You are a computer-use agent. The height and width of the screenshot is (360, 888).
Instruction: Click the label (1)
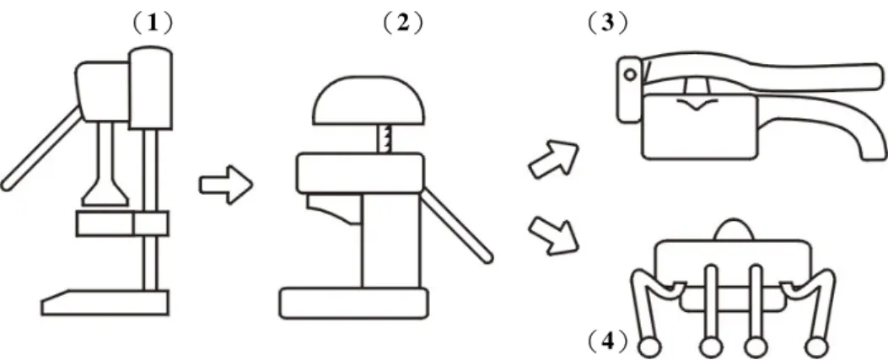coord(152,24)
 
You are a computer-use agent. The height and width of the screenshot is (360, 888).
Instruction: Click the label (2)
coord(402,24)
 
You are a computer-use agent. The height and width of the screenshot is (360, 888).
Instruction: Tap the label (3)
coord(608,24)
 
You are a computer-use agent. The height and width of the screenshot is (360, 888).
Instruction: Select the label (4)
coord(608,341)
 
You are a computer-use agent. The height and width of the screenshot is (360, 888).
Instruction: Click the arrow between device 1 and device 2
coord(225,185)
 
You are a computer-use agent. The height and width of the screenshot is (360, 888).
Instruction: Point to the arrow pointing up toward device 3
coord(554,160)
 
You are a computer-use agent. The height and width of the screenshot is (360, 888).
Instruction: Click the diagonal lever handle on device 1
coord(41,148)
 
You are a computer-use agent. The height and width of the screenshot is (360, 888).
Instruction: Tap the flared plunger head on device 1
coord(105,193)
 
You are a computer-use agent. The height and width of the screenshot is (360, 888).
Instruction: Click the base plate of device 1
coord(105,303)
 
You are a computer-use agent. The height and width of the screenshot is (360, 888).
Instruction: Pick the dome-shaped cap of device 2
coord(369,101)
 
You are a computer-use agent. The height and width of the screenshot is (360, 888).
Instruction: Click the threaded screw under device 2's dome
coord(385,139)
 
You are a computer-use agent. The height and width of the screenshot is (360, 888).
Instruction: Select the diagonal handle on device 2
coord(456,225)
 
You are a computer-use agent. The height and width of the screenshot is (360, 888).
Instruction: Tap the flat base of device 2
coord(354,303)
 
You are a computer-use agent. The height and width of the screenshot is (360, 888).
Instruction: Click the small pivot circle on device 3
coord(628,74)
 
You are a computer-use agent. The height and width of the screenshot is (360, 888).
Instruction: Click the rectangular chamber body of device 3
coord(700,126)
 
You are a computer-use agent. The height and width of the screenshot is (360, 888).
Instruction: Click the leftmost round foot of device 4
coord(649,346)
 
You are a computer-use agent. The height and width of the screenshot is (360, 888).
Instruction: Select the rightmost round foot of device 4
coord(816,346)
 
